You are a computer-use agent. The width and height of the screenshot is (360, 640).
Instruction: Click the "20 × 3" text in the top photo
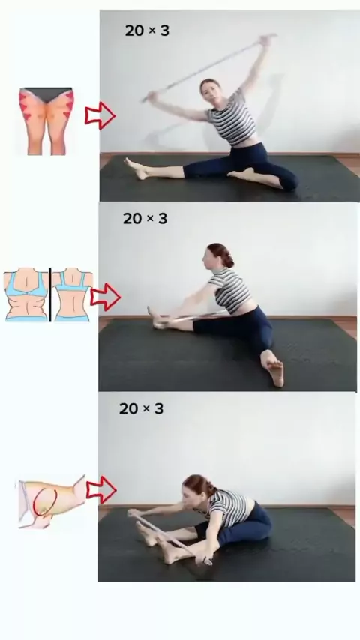147,31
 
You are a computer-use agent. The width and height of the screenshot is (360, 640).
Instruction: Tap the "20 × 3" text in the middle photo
145,218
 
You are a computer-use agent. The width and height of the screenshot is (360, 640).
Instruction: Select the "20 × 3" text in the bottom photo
142,408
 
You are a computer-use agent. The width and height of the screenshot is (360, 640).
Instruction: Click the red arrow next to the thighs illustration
100,115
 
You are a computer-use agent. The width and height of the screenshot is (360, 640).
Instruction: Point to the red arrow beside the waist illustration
105,297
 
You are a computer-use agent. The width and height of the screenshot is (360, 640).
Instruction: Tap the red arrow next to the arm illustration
101,489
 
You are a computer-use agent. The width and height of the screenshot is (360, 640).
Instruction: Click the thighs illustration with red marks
46,121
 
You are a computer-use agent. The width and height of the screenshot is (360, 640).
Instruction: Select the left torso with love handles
25,295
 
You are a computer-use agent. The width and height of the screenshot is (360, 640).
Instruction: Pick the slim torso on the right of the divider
73,295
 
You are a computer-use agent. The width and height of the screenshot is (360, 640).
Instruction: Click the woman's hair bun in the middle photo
226,256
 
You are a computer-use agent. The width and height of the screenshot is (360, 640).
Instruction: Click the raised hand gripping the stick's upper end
267,40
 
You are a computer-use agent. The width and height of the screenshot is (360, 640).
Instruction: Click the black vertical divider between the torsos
50,295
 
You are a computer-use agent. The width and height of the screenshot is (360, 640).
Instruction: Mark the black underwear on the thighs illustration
46,94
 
